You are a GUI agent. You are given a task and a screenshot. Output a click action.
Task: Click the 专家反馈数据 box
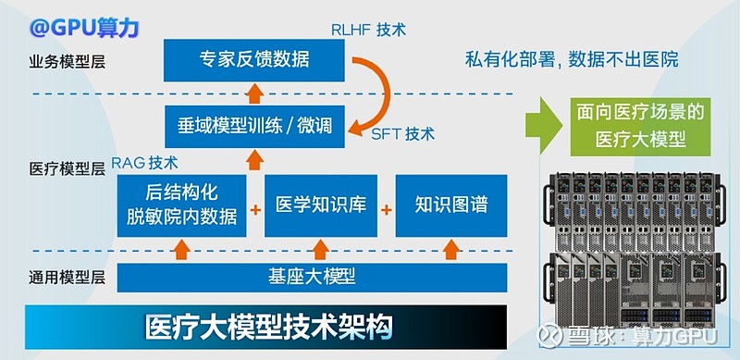[x=253, y=61]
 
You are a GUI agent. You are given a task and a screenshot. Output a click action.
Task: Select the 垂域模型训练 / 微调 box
[x=253, y=124]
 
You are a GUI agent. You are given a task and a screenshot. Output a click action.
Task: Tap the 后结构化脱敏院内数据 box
[x=181, y=205]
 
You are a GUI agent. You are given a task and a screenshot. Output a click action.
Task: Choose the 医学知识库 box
[x=321, y=205]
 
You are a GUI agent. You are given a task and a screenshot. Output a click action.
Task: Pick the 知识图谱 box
[x=451, y=205]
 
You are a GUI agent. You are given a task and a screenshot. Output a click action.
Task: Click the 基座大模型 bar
[x=312, y=277]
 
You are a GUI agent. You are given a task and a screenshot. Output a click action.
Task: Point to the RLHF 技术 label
[x=368, y=29]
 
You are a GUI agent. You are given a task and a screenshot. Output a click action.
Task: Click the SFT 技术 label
[x=402, y=133]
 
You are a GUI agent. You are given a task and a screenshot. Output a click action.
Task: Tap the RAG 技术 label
[x=144, y=163]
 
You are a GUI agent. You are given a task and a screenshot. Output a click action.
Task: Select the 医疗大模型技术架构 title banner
[x=268, y=327]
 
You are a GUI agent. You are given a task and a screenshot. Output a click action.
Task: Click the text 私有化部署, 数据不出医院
[x=571, y=61]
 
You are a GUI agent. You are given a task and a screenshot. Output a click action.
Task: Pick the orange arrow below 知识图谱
[x=451, y=248]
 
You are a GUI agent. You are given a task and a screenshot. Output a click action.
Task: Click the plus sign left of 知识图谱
[x=386, y=207]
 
